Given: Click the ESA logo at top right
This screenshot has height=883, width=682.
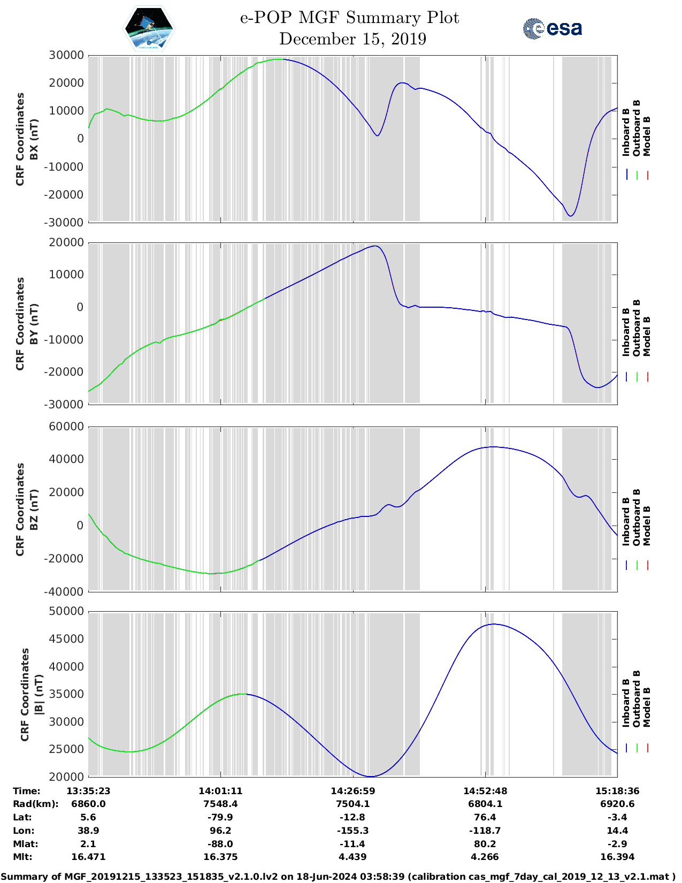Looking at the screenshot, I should (x=552, y=28).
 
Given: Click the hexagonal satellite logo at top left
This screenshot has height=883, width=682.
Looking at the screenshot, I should (x=149, y=28).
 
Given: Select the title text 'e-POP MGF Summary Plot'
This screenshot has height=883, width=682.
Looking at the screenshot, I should (x=349, y=18).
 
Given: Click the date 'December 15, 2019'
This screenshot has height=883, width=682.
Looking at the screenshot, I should (x=353, y=39).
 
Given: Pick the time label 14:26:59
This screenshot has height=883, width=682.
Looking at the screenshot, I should (x=353, y=791).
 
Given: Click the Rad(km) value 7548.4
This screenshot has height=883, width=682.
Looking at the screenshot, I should (x=220, y=804).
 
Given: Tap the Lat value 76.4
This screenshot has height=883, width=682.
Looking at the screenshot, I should (x=485, y=817).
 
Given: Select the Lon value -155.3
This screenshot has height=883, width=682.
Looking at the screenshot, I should (x=353, y=831).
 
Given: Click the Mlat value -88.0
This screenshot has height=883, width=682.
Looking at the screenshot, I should (x=220, y=844).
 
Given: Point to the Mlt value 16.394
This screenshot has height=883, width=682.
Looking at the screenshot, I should (x=617, y=857).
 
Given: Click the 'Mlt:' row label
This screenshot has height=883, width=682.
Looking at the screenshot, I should (x=22, y=857).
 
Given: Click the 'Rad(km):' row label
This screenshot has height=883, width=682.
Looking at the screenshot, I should (x=35, y=804).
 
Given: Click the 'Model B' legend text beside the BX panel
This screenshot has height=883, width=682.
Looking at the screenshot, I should (x=647, y=136).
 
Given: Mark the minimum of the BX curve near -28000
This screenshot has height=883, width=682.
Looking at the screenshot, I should (x=571, y=216).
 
